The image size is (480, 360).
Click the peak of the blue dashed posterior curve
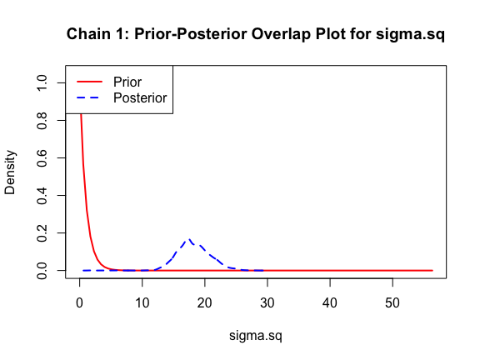[x=189, y=239]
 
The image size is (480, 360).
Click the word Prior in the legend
[x=127, y=82]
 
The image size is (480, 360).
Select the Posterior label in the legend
[x=140, y=98]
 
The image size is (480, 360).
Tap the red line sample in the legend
[x=89, y=82]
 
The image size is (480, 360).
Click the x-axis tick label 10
[x=142, y=303]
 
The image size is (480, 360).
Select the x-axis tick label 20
[x=205, y=303]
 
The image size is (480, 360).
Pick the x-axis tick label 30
[x=267, y=303]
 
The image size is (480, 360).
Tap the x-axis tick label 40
[x=330, y=303]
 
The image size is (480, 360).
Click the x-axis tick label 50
[x=392, y=303]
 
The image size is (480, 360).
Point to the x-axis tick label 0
[x=80, y=303]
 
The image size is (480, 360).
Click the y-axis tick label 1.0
[x=42, y=82]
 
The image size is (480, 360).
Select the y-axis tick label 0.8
[x=42, y=120]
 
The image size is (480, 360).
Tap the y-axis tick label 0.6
[x=42, y=158]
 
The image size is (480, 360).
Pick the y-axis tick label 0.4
[x=42, y=195]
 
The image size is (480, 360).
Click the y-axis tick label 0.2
[x=42, y=233]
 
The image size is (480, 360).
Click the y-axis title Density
[x=10, y=172]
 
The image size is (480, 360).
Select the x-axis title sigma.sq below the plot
[x=256, y=336]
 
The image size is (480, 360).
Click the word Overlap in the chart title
[x=281, y=34]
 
